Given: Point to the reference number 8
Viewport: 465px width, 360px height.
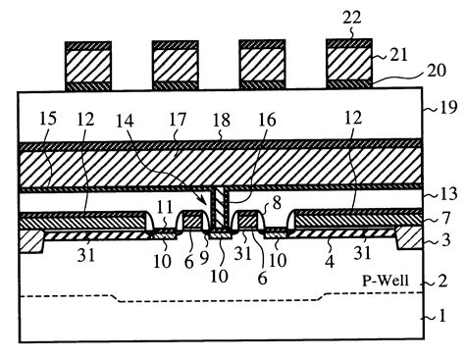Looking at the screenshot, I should tap(278, 205).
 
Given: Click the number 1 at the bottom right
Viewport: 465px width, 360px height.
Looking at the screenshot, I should tap(440, 317).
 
